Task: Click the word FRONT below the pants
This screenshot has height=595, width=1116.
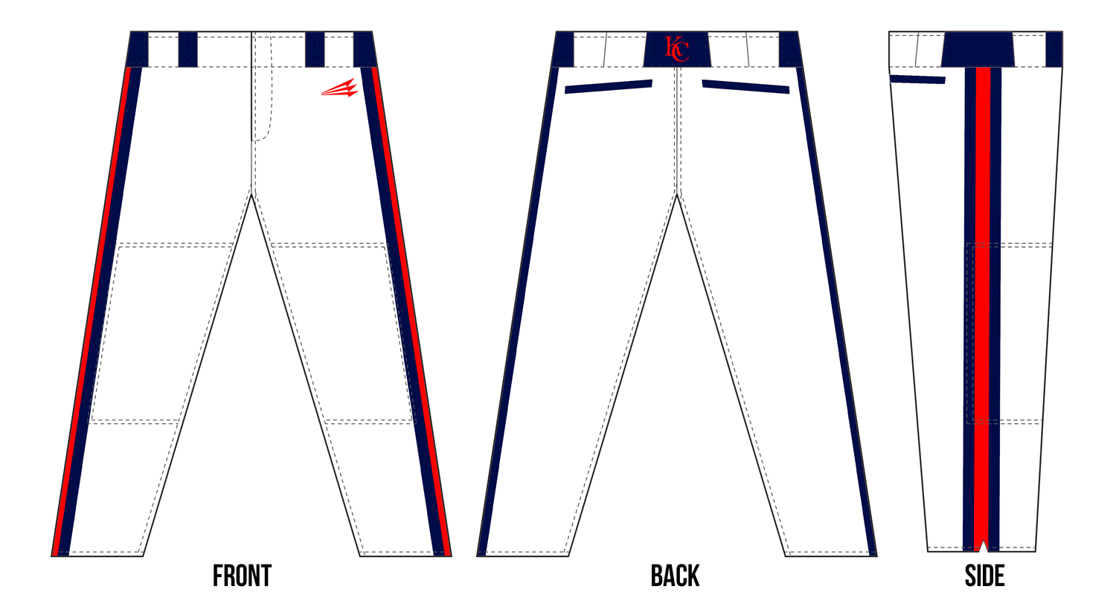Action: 242,576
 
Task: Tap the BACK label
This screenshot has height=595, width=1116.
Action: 675,576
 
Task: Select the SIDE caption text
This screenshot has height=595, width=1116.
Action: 984,576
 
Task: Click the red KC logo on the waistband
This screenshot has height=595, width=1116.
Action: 677,49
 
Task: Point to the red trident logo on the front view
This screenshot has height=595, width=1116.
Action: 340,88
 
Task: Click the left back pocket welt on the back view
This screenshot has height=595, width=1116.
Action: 609,86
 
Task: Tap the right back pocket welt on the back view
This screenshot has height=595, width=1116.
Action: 745,86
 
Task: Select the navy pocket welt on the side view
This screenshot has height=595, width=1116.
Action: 917,79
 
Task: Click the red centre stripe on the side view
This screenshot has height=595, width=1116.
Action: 982,309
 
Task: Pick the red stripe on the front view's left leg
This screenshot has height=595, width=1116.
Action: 92,311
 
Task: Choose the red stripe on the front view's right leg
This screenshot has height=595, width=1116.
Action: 411,311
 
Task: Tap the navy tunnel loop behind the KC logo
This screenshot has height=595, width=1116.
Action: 677,49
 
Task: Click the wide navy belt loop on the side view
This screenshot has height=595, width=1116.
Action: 978,49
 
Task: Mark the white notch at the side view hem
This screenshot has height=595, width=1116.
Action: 983,546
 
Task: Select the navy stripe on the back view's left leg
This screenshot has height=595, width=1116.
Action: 518,311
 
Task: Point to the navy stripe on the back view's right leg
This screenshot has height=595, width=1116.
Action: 836,311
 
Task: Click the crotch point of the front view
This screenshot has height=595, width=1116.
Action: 252,195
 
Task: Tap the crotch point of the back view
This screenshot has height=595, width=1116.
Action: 677,195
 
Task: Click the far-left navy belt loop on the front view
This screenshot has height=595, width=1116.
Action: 138,49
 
